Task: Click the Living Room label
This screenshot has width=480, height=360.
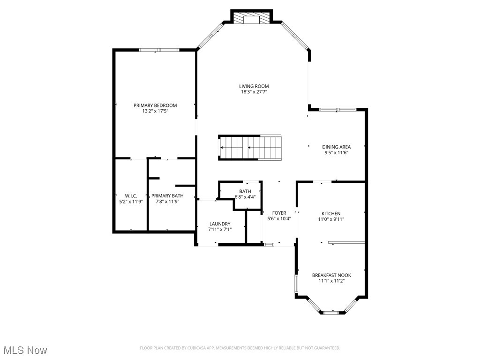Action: pyautogui.click(x=254, y=86)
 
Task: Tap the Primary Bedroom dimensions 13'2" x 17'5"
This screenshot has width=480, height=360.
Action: pyautogui.click(x=155, y=112)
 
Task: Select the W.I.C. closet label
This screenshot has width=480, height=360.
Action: pyautogui.click(x=131, y=195)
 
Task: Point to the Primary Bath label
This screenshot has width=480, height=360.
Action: pyautogui.click(x=167, y=195)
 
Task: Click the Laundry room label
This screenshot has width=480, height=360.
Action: pyautogui.click(x=220, y=224)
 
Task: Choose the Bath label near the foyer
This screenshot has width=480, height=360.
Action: pyautogui.click(x=245, y=191)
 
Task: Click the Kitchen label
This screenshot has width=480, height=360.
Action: pyautogui.click(x=331, y=213)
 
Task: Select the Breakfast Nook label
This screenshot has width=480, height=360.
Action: pyautogui.click(x=331, y=275)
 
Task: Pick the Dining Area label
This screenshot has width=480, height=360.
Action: pyautogui.click(x=336, y=147)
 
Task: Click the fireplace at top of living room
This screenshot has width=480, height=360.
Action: pyautogui.click(x=252, y=18)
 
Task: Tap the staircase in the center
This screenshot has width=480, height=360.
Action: pyautogui.click(x=250, y=148)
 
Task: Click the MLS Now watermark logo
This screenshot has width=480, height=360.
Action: pyautogui.click(x=24, y=350)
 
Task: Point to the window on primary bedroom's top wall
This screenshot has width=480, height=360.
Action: pyautogui.click(x=159, y=50)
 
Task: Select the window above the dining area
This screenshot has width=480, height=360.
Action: pyautogui.click(x=337, y=110)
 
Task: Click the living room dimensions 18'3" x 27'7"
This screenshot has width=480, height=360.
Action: pyautogui.click(x=254, y=92)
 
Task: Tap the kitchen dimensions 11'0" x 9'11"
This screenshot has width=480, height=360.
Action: pyautogui.click(x=331, y=219)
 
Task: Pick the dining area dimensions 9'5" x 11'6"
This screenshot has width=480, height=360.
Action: pyautogui.click(x=336, y=153)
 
